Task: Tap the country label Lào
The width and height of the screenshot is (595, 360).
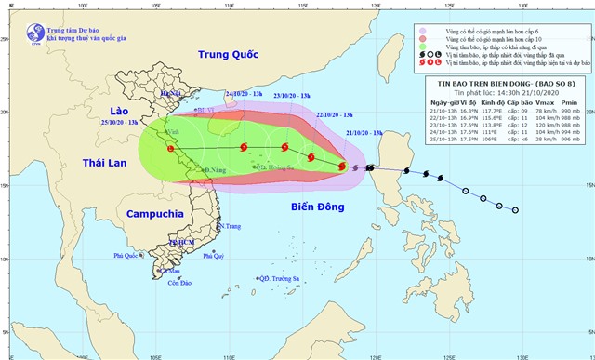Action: [x=110, y=112]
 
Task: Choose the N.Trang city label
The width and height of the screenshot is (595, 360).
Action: [x=231, y=226]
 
